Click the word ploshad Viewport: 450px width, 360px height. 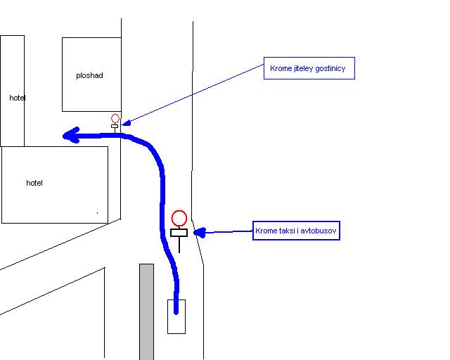(x=89, y=75)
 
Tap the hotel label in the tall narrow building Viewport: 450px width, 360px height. (x=17, y=98)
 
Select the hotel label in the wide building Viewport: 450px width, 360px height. (x=34, y=183)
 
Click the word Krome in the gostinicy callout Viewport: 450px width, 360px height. (x=281, y=68)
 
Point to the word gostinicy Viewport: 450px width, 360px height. (x=330, y=69)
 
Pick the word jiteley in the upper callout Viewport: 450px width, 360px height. (x=304, y=69)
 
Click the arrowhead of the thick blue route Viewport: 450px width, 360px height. (x=71, y=135)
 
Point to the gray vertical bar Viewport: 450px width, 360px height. (x=147, y=311)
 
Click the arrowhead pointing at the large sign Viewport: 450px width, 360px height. (x=200, y=233)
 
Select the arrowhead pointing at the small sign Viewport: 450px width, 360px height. (x=127, y=123)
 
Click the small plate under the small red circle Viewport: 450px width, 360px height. (x=115, y=127)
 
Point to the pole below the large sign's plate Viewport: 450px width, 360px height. (x=179, y=245)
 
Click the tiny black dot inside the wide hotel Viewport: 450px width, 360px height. (x=98, y=213)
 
